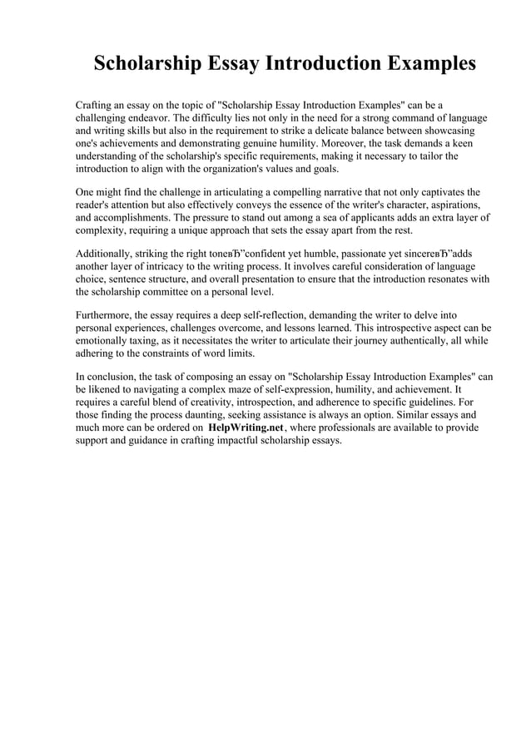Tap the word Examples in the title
423,64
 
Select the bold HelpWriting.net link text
246,427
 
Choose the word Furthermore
103,315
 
